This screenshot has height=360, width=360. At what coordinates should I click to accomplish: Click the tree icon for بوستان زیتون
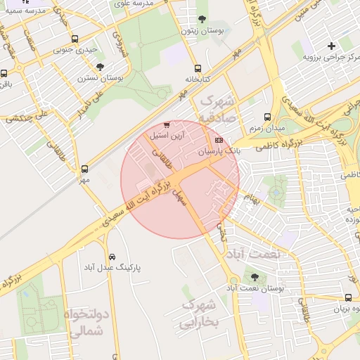(202, 19)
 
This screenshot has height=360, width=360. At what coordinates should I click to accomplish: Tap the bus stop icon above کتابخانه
(198, 69)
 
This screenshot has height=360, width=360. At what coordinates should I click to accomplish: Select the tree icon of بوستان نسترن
(101, 67)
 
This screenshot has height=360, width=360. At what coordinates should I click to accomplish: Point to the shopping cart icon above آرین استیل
(167, 124)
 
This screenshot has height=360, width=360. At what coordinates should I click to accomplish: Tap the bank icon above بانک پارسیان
(219, 141)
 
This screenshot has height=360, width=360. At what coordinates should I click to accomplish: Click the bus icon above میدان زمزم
(266, 117)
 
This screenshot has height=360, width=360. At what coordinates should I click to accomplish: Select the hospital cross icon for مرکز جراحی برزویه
(331, 46)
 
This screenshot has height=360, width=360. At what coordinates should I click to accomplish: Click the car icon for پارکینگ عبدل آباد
(113, 257)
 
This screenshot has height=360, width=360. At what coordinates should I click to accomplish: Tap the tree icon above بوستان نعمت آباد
(254, 278)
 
